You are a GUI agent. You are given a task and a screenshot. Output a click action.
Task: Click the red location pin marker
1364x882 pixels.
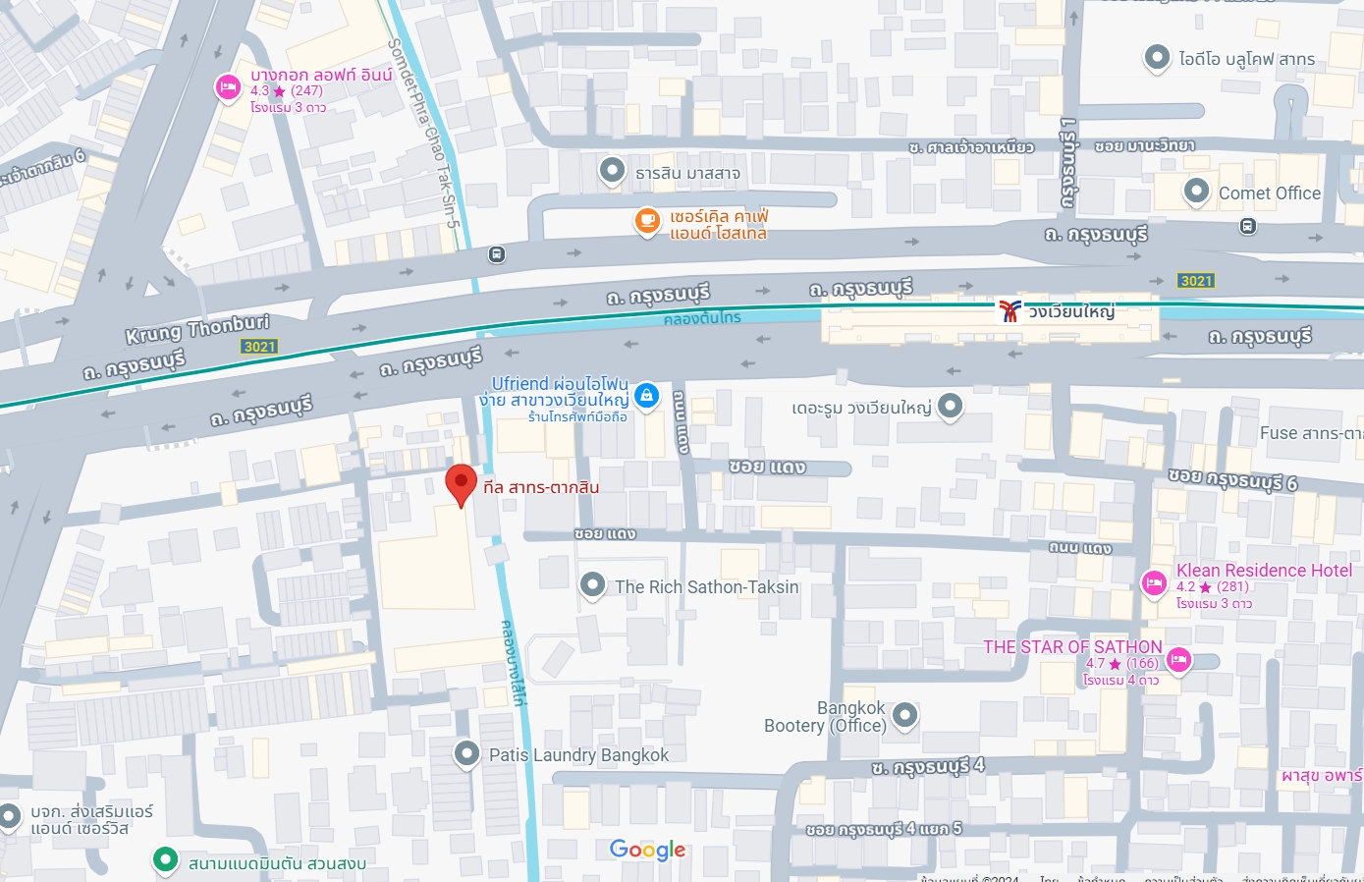461,483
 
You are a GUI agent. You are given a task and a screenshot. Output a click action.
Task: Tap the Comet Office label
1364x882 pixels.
1269,193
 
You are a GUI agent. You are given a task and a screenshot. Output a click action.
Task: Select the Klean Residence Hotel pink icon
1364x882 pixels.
1154,583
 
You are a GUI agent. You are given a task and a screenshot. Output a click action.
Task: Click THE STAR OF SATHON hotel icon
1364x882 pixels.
1179,659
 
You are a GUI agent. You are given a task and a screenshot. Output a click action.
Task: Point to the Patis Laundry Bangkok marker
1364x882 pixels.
466,753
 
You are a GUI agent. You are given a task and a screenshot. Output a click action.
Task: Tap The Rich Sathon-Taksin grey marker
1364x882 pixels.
592,585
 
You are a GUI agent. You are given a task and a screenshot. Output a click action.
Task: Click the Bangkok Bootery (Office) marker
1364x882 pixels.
904,715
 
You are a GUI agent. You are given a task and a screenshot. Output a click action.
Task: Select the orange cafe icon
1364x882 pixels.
647,221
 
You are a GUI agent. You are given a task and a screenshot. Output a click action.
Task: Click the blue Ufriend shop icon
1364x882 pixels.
646,396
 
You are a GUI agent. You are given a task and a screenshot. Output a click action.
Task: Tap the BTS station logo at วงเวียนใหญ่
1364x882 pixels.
1009,311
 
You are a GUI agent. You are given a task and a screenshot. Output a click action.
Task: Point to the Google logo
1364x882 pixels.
647,850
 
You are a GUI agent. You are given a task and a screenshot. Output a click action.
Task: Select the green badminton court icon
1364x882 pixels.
165,861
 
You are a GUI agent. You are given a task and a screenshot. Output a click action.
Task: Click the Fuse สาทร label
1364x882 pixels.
1311,433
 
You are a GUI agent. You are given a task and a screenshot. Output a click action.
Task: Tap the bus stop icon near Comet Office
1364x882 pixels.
1247,226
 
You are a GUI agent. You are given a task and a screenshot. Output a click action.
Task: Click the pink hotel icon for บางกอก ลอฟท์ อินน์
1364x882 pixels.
228,88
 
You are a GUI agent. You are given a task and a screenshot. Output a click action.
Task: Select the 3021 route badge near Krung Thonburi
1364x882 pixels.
259,347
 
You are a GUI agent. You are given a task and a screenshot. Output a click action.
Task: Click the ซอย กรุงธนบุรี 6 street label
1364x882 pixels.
1232,479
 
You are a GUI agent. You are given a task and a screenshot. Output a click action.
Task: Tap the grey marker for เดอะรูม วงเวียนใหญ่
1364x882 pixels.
950,406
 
